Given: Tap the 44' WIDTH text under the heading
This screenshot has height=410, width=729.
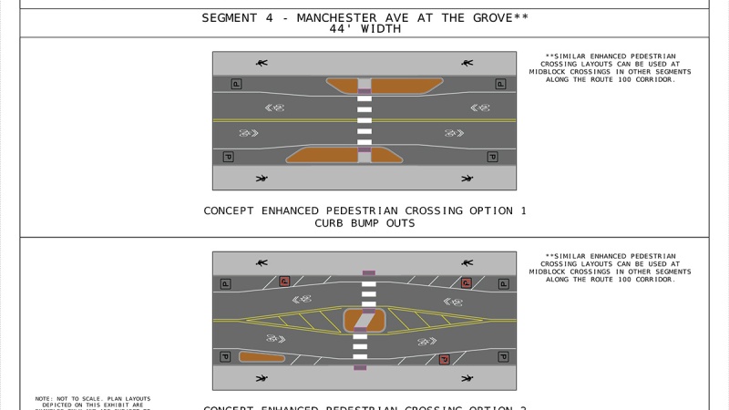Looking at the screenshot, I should pos(364,28).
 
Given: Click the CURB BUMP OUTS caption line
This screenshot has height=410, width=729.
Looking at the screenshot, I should pos(364,222).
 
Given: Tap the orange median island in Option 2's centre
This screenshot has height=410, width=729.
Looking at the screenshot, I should pos(364,321).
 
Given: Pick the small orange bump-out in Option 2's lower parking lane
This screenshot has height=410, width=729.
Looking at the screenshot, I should pos(262,357).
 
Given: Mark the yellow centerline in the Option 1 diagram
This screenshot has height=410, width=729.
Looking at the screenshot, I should pos(273,120).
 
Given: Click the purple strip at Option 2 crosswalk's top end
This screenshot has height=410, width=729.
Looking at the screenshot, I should pos(368,272).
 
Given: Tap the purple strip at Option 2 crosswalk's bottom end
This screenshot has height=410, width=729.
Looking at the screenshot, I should pos(361,367).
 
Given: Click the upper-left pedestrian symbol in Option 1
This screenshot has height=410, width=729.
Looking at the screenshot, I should pos(262,63).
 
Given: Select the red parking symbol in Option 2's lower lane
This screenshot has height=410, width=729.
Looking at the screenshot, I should pos(444,359).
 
